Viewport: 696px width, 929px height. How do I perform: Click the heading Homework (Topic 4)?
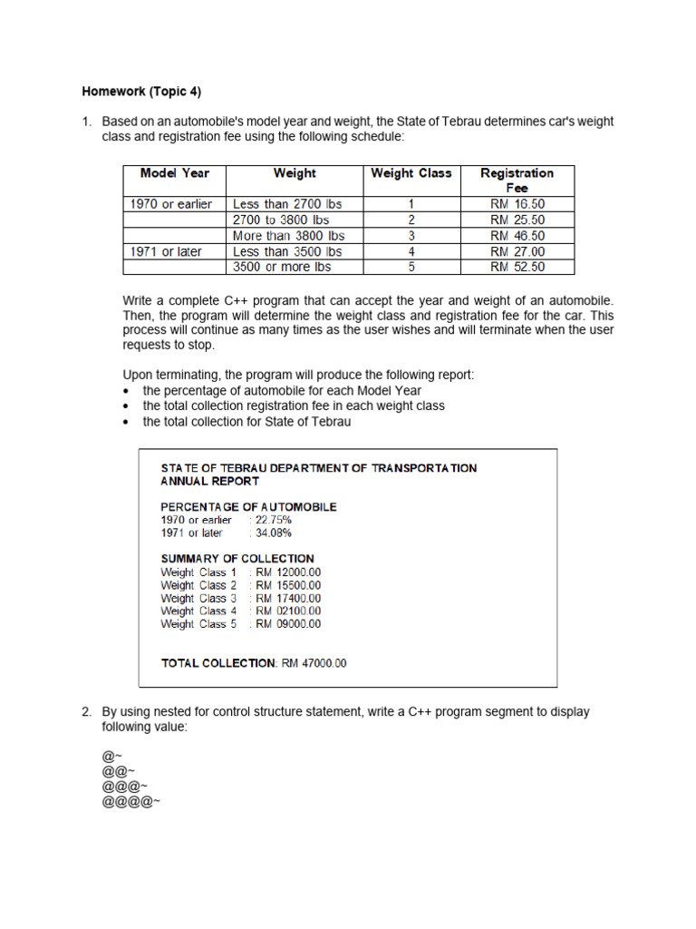(x=141, y=92)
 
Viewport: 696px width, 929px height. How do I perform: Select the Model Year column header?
(x=174, y=173)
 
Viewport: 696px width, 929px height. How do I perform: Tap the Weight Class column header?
(x=411, y=173)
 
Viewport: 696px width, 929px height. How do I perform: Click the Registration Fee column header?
(x=517, y=180)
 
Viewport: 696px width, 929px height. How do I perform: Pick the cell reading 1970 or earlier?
(x=171, y=204)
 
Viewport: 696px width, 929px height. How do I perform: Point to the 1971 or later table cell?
(x=166, y=251)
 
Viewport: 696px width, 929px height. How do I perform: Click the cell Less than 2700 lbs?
(x=287, y=204)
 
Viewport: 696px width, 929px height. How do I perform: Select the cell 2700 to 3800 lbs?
(x=281, y=220)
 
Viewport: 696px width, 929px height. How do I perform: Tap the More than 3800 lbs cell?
(x=288, y=236)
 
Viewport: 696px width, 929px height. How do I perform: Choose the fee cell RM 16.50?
(x=517, y=204)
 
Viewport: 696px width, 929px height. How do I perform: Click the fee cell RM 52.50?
(x=517, y=267)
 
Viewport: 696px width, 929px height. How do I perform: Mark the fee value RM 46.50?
(x=517, y=236)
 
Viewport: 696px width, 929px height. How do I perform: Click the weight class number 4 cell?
(x=411, y=251)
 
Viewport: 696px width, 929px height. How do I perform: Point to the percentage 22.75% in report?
(x=273, y=520)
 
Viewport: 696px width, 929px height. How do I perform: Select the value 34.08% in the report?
(x=273, y=533)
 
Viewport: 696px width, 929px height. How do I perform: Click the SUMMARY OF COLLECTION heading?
(x=237, y=559)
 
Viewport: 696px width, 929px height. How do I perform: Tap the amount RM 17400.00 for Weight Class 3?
(x=288, y=599)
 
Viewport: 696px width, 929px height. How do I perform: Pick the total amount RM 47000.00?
(x=314, y=663)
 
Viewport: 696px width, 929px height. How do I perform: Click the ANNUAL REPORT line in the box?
(x=209, y=482)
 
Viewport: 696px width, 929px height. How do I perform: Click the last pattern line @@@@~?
(x=131, y=802)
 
